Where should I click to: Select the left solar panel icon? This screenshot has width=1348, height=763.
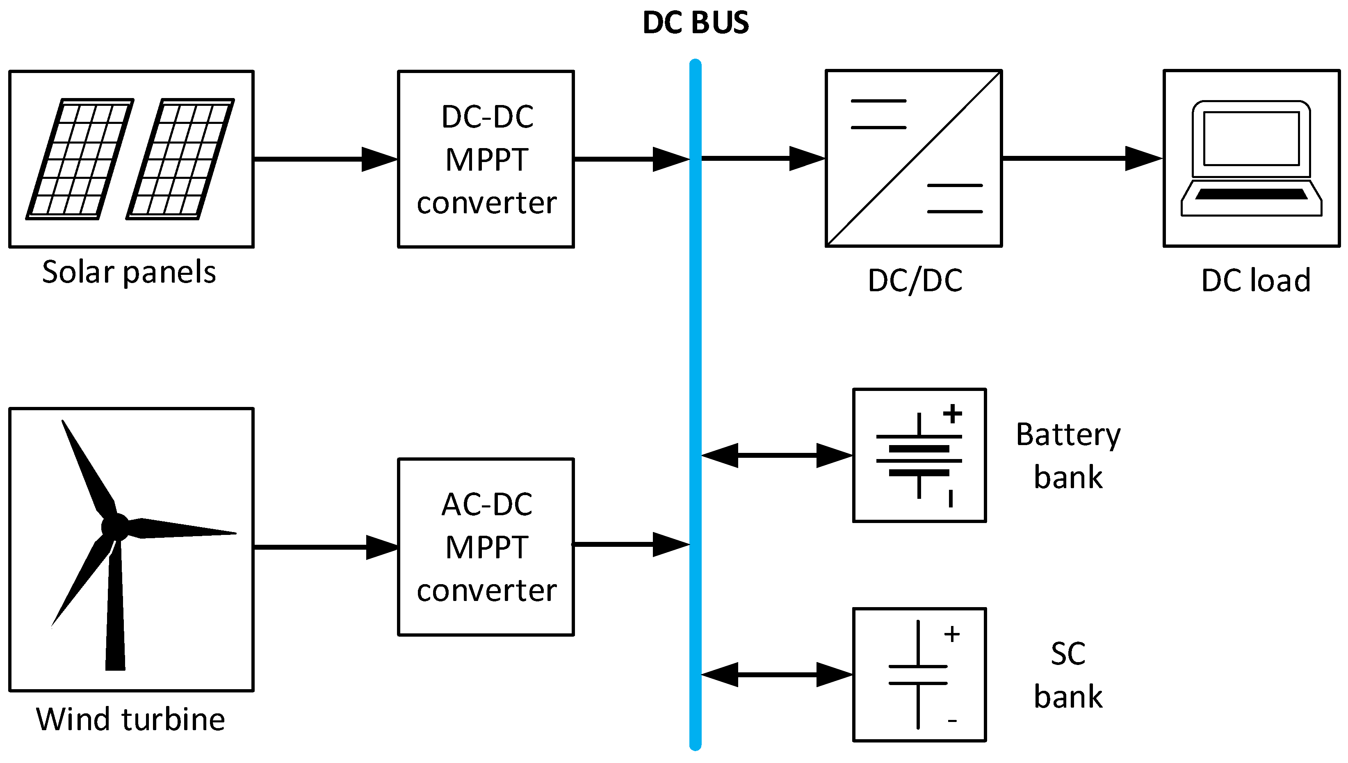pos(80,159)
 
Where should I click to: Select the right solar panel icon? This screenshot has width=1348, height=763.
pos(180,159)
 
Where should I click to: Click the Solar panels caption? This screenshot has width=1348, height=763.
pos(129,272)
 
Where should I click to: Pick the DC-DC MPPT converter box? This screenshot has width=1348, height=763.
pos(486,159)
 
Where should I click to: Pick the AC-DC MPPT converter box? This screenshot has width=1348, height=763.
pos(486,546)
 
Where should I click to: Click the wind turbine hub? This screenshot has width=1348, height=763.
pos(115,526)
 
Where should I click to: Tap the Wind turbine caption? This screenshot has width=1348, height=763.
pos(130,719)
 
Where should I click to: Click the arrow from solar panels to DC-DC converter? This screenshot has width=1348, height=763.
pos(325,159)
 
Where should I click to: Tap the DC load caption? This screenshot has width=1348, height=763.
pos(1256,280)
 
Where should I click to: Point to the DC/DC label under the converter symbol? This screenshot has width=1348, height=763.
pos(915,280)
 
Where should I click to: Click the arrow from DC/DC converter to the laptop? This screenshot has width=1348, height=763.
pos(1082,158)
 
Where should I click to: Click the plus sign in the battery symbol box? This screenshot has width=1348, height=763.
pos(952,413)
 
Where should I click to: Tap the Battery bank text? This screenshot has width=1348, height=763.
pos(1068,455)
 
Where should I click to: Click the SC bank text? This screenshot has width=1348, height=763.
pos(1068,675)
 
